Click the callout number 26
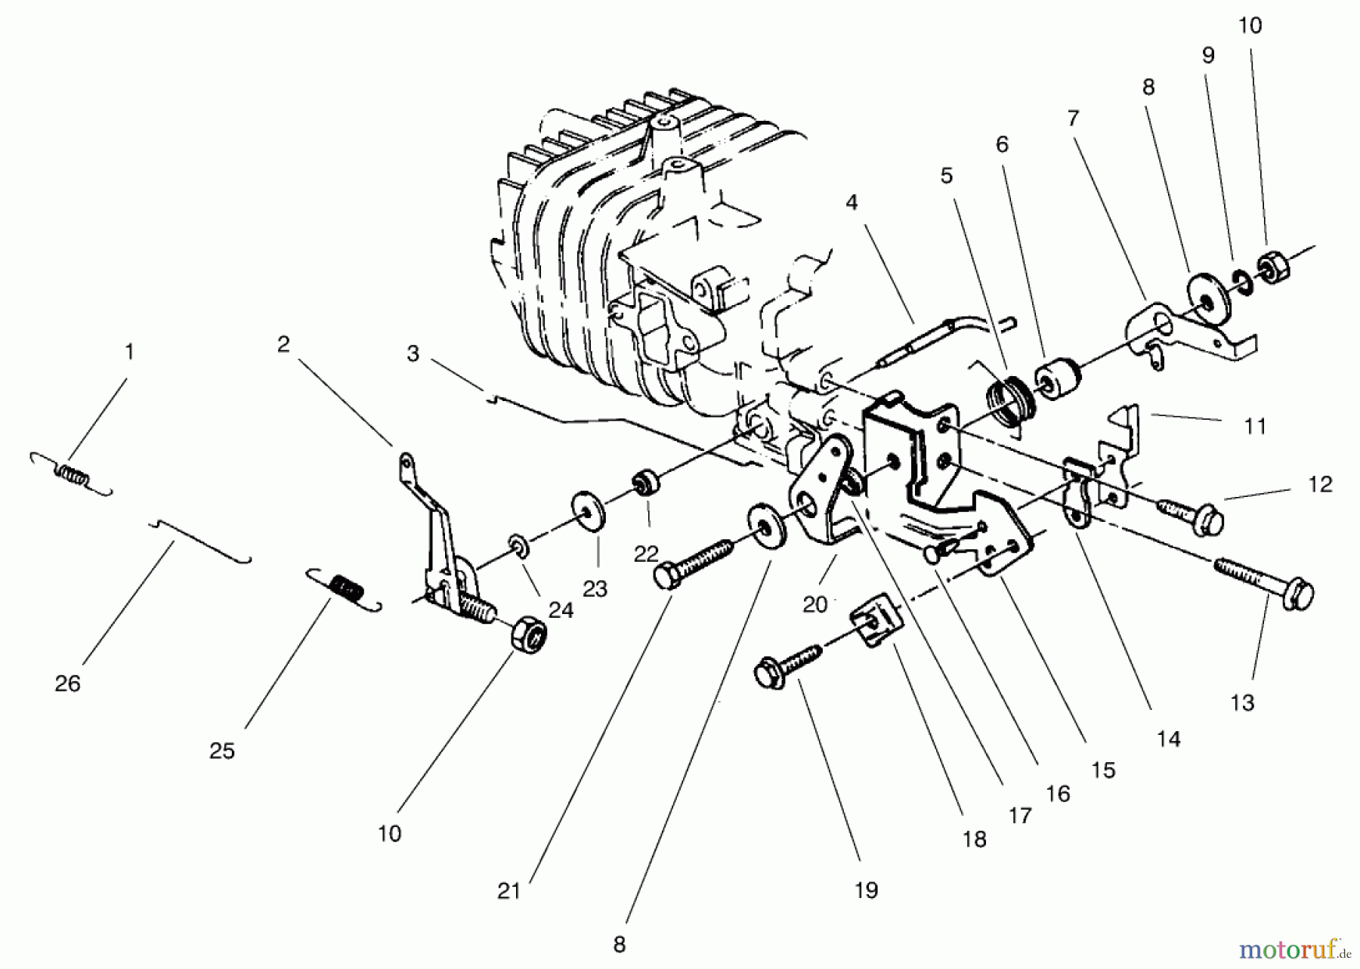[67, 684]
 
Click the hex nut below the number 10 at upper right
[1273, 269]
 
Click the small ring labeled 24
[517, 543]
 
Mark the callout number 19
[866, 890]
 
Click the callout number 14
[1168, 739]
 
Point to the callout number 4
[852, 202]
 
